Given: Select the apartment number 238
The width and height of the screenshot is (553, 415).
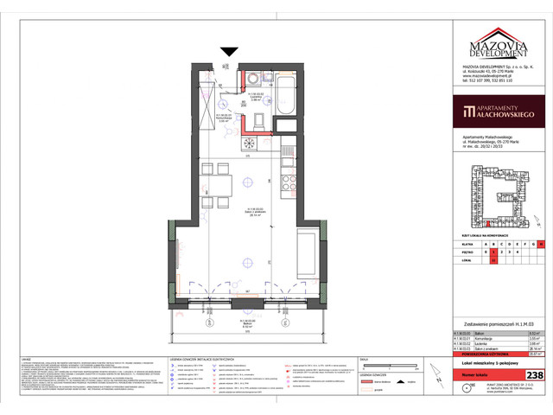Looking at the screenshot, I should click(535, 375).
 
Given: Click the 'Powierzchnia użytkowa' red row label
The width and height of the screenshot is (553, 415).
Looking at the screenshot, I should click(482, 354).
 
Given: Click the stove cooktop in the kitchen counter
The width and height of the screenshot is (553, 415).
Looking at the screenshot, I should click(253, 143).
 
